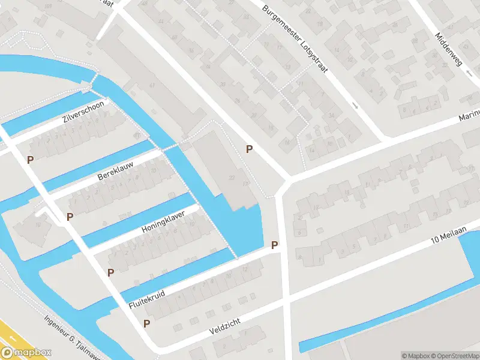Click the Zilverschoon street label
pos(83,112)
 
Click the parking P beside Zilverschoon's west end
pos(30,160)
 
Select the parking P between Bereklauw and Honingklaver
pos(70,217)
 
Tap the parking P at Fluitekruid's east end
pos(274,245)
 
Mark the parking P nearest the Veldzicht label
pos(146,323)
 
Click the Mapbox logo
pos(26,353)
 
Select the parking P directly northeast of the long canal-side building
pos(249,149)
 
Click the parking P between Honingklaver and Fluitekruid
pos(110,272)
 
